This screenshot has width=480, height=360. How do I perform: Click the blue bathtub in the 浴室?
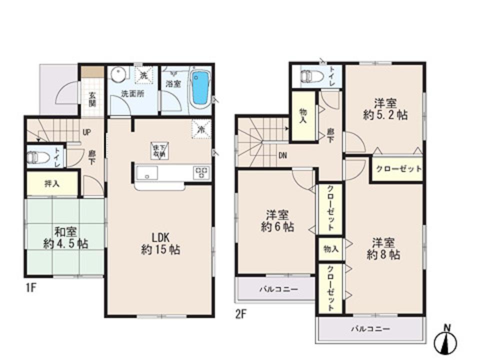[x=199, y=88]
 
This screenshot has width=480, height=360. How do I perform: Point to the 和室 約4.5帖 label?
[x=65, y=238]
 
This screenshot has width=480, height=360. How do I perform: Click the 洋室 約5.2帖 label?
[x=385, y=109]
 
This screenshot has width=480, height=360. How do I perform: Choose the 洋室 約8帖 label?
[x=383, y=248]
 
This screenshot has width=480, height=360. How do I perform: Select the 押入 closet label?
[x=51, y=183]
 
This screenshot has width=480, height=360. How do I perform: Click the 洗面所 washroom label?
[x=132, y=93]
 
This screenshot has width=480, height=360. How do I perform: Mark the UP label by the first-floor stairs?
[x=86, y=133]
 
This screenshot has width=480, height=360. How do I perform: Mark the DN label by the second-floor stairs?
[x=282, y=154]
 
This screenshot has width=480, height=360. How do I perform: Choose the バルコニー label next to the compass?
[x=370, y=329]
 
